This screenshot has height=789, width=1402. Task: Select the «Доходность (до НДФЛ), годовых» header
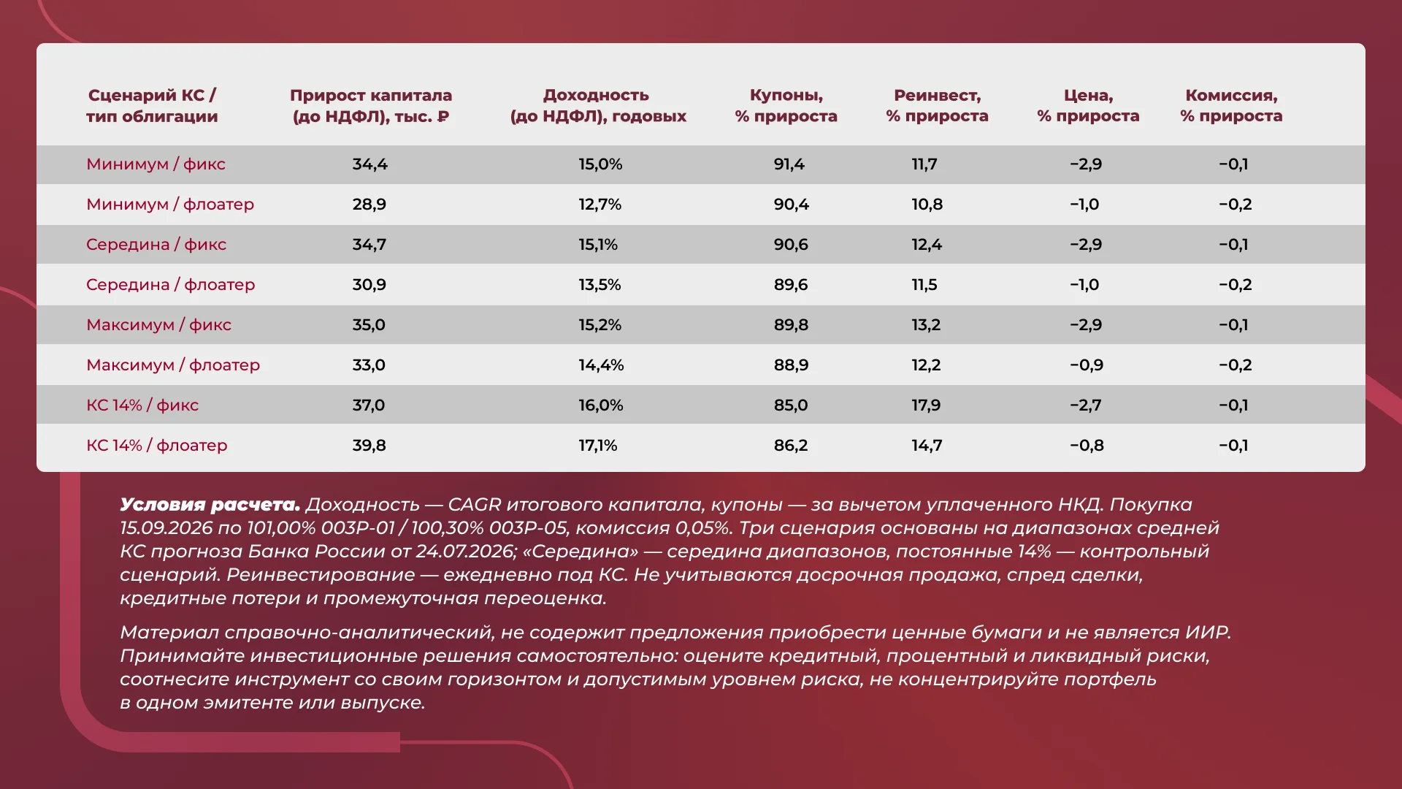(598, 105)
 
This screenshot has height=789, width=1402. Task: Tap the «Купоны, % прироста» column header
(786, 105)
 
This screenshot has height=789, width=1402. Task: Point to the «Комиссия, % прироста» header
(1231, 105)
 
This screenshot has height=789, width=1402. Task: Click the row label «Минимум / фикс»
(156, 164)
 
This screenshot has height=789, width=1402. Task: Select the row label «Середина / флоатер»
(170, 285)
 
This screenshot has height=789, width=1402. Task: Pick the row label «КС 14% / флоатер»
(157, 446)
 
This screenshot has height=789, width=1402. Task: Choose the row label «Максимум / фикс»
(158, 325)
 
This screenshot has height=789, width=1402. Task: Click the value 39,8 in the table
(369, 446)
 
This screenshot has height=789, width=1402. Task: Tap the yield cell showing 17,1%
(598, 446)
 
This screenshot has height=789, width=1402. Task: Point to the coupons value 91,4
(789, 164)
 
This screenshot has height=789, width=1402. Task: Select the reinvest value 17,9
(926, 405)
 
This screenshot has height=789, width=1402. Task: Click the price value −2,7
(1086, 405)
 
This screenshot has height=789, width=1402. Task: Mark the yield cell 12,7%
(600, 205)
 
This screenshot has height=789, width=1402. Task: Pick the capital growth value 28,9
(369, 205)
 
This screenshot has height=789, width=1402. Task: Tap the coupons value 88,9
(792, 365)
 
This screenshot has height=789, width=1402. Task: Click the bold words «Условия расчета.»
(210, 505)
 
